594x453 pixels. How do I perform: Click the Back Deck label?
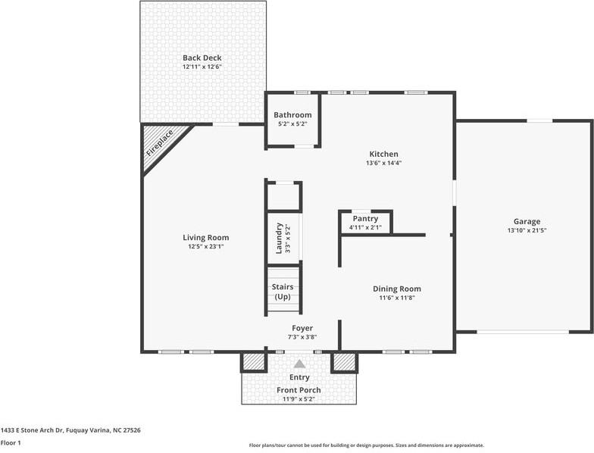(202, 58)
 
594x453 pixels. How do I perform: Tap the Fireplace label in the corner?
(160, 143)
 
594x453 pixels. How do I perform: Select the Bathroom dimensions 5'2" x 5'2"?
(292, 123)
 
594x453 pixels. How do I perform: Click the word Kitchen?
(383, 155)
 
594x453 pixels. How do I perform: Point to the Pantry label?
(365, 218)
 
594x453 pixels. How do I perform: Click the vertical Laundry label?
(279, 238)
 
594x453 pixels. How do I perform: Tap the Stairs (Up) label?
(283, 292)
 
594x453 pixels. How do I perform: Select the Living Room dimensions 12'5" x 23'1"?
(206, 247)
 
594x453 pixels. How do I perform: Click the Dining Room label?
(397, 289)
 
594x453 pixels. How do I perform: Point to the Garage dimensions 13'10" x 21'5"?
(527, 230)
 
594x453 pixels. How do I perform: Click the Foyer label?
(302, 328)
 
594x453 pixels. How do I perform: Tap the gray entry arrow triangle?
(300, 364)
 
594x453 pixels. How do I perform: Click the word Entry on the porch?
(299, 377)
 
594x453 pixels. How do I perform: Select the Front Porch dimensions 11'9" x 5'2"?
(299, 399)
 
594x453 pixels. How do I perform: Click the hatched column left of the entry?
(253, 362)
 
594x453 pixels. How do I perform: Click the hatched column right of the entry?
(344, 362)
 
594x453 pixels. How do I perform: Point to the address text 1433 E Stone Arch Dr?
(33, 430)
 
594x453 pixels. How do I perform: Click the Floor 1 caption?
(11, 442)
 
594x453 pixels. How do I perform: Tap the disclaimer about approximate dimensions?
(367, 445)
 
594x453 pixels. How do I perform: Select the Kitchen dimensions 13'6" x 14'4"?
(383, 164)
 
